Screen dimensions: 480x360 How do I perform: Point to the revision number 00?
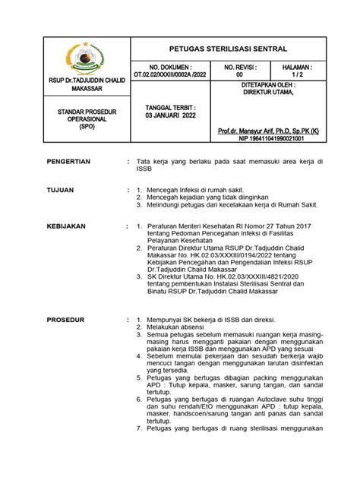click(241, 74)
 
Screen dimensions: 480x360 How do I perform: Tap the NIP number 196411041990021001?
click(270, 140)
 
